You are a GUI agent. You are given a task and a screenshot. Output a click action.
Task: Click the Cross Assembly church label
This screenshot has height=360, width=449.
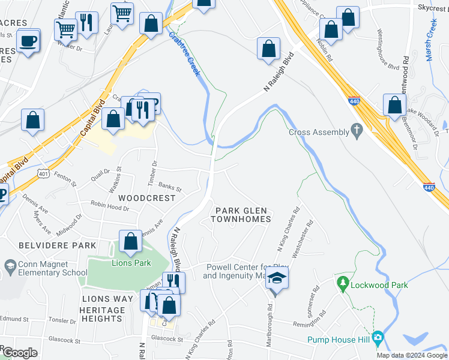coord(319,132)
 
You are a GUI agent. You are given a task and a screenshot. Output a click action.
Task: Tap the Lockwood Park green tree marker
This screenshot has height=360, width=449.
coord(343,281)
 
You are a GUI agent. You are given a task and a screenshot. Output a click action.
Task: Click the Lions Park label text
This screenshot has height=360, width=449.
coord(131,263)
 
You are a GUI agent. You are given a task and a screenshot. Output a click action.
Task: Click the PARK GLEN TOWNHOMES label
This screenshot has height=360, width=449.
coord(241,215)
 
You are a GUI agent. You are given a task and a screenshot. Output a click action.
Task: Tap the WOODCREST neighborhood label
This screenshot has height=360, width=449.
coord(147,197)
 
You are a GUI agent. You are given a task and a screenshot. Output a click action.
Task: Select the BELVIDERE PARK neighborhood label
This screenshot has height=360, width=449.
coord(58,245)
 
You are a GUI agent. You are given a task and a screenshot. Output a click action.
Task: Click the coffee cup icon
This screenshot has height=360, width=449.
coord(28,41)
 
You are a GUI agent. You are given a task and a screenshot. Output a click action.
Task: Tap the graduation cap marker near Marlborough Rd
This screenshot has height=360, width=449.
coord(277,278)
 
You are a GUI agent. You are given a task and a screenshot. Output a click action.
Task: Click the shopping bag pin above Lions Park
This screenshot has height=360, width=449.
coord(131,242)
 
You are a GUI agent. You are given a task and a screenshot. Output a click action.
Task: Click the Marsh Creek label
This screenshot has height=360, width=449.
coord(430,38)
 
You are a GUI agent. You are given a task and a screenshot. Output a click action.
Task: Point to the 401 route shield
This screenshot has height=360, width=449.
coord(43,174)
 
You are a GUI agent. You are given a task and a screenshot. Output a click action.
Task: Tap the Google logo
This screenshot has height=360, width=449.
coord(19,353)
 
